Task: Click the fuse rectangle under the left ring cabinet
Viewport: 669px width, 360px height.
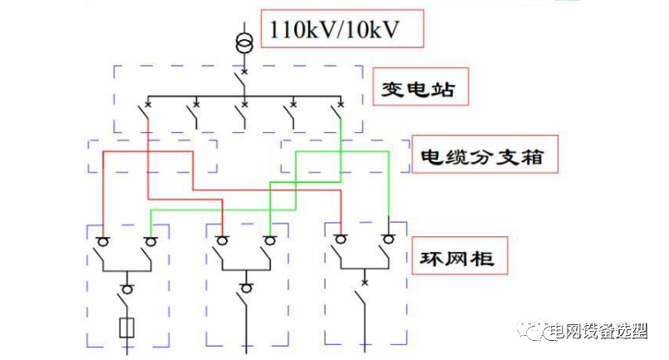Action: pyautogui.click(x=127, y=327)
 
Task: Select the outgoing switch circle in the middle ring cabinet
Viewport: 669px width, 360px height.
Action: pyautogui.click(x=246, y=288)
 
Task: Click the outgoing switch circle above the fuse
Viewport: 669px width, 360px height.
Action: pyautogui.click(x=127, y=288)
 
